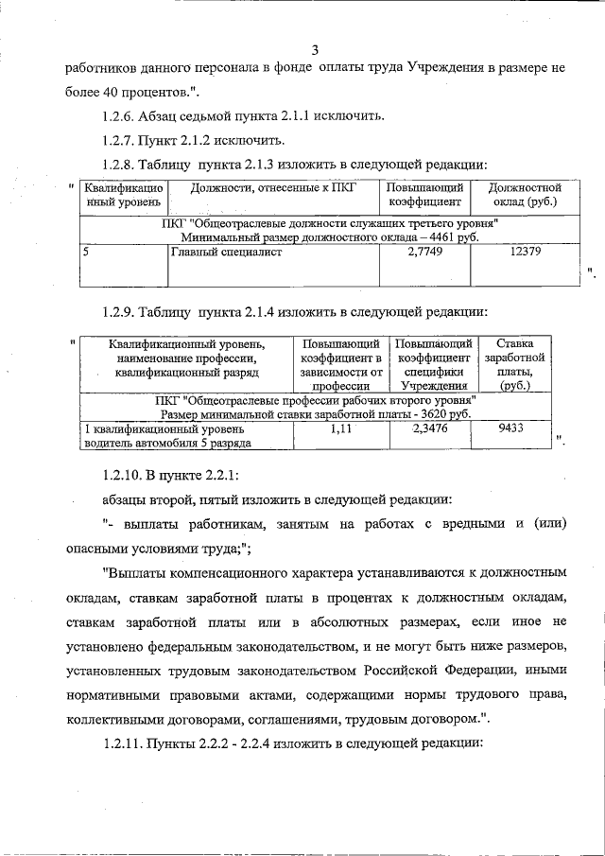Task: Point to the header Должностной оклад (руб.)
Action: coord(518,195)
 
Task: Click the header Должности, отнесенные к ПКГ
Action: coord(272,188)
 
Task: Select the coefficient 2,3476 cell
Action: coord(433,428)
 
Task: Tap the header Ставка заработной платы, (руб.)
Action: coord(513,364)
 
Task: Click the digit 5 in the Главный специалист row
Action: coord(86,252)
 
